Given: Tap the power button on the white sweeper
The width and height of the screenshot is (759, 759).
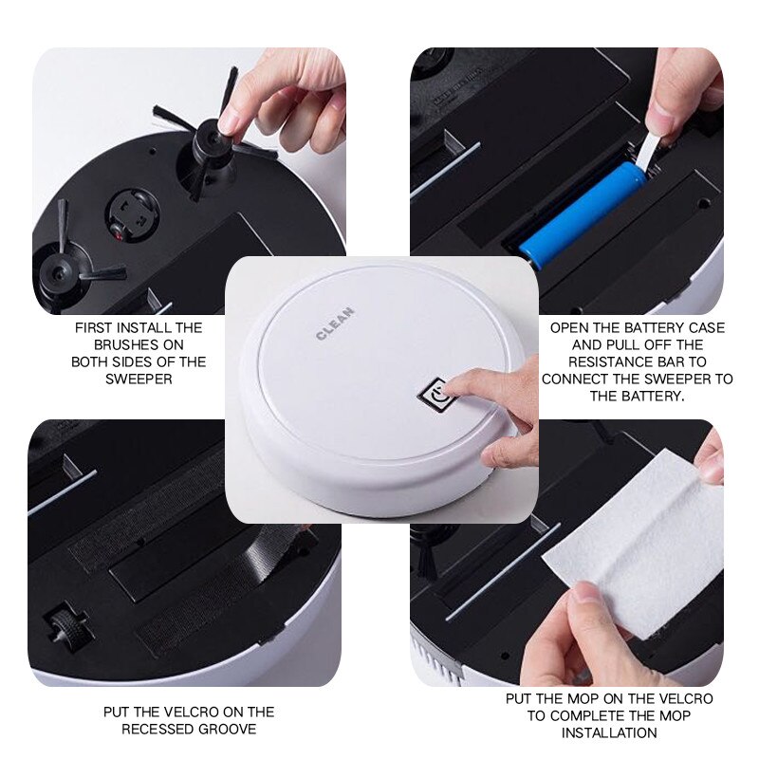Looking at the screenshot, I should tap(435, 394).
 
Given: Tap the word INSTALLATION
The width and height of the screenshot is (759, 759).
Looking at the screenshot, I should tap(608, 733).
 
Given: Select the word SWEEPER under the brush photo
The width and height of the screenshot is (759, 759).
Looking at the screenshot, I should tap(139, 379).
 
